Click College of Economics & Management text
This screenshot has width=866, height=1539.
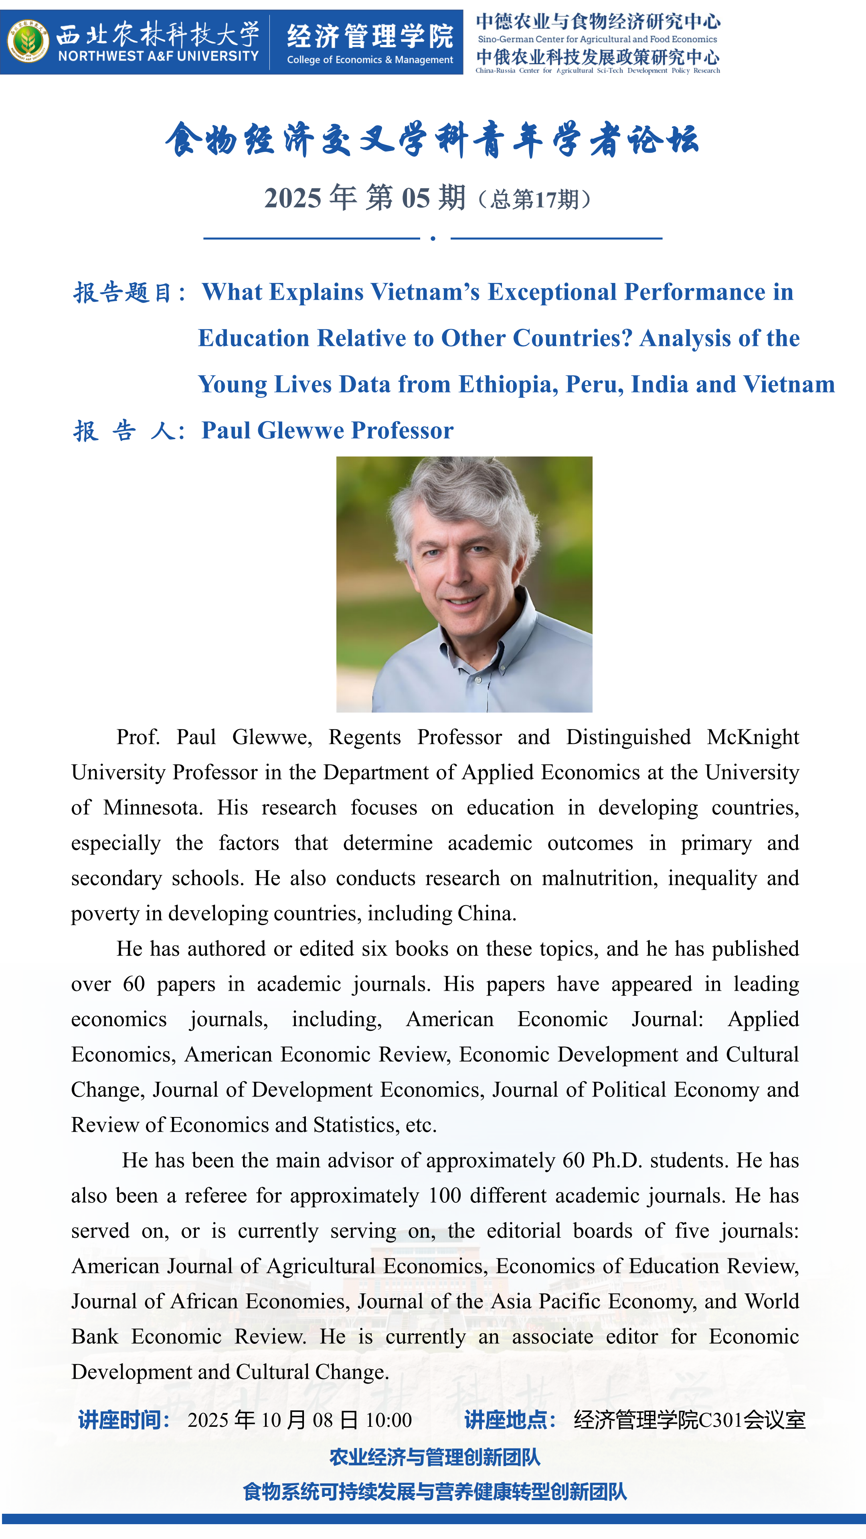point(370,60)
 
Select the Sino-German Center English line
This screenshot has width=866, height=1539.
point(597,39)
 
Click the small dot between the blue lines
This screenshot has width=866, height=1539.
point(433,238)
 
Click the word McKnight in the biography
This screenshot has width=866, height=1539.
point(753,738)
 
